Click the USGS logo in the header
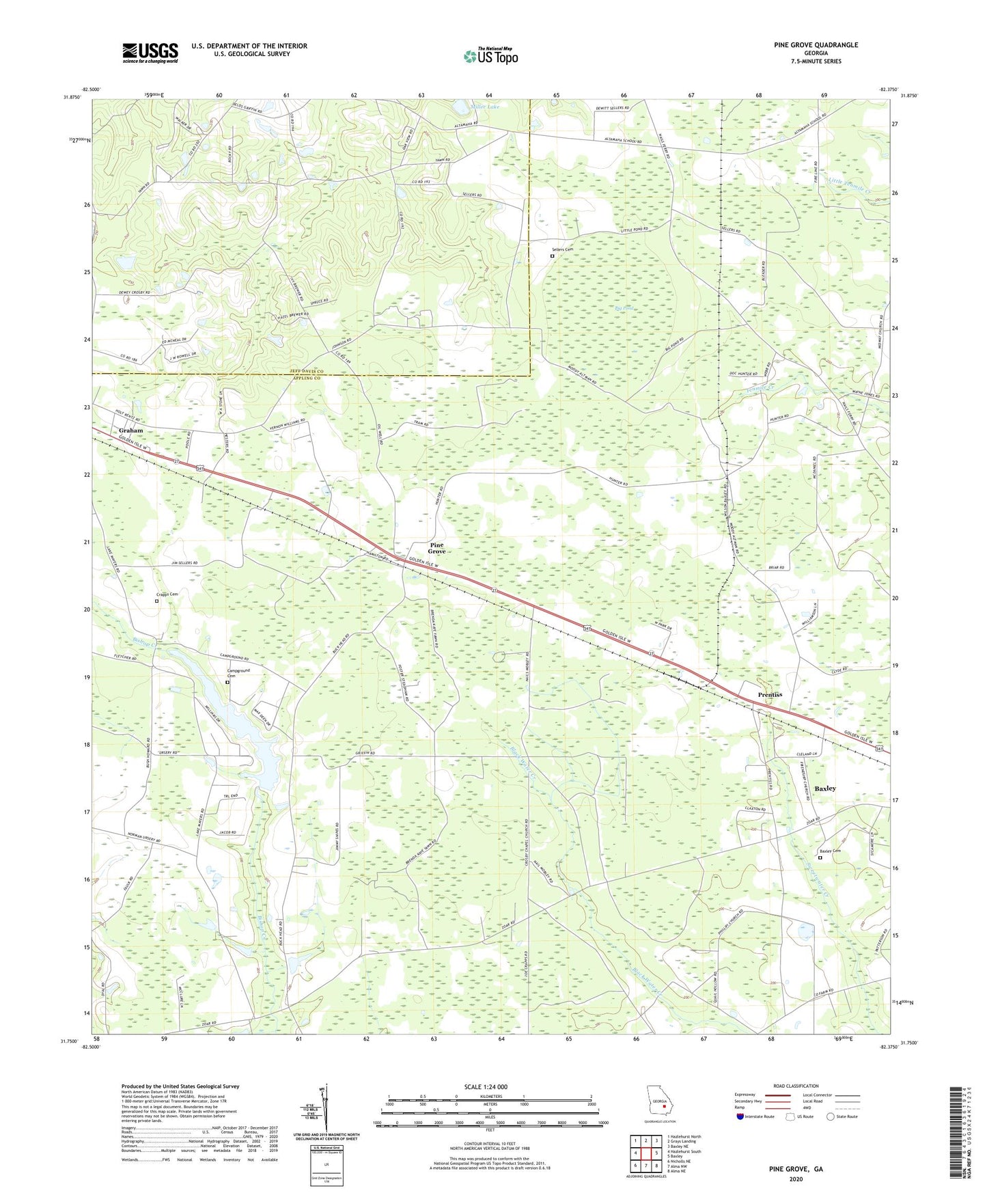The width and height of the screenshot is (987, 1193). (150, 53)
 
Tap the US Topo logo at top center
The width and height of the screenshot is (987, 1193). (490, 56)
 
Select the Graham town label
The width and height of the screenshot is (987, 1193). (131, 430)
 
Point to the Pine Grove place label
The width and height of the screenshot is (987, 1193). (436, 548)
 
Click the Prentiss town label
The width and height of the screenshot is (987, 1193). (770, 694)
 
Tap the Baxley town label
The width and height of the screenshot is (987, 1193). (824, 789)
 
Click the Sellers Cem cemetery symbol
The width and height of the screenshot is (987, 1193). (553, 256)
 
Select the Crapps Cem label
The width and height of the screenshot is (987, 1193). (167, 594)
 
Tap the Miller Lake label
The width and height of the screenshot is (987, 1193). (486, 107)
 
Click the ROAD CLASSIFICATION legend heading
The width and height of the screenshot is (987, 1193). (795, 1086)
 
